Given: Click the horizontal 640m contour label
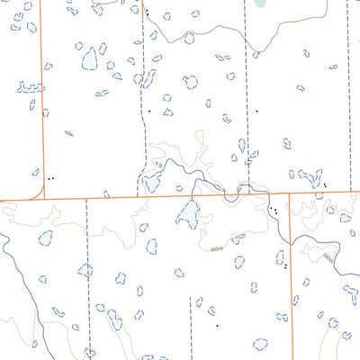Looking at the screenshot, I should pyautogui.click(x=214, y=248).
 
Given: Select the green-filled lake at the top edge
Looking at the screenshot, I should pyautogui.click(x=261, y=4).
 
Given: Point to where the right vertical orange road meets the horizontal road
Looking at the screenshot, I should pyautogui.click(x=290, y=193).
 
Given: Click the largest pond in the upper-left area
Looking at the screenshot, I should pyautogui.click(x=90, y=59).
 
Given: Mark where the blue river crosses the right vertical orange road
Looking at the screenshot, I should pyautogui.click(x=290, y=236).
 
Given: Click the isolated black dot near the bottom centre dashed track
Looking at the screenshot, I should pyautogui.click(x=216, y=324).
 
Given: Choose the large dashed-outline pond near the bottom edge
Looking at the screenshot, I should pyautogui.click(x=261, y=344).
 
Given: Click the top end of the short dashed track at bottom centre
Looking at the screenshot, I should pyautogui.click(x=191, y=300).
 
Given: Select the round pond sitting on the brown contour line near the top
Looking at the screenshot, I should pyautogui.click(x=189, y=38).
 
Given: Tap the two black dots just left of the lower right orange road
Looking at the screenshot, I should pyautogui.click(x=284, y=265).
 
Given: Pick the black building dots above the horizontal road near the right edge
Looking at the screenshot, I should pyautogui.click(x=325, y=185).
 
